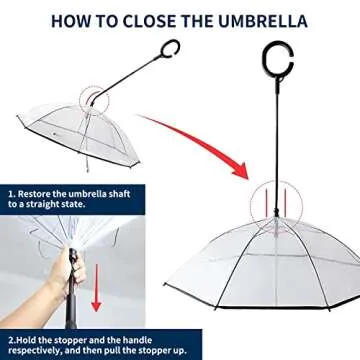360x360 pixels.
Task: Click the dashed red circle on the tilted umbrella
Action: point(92,100)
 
